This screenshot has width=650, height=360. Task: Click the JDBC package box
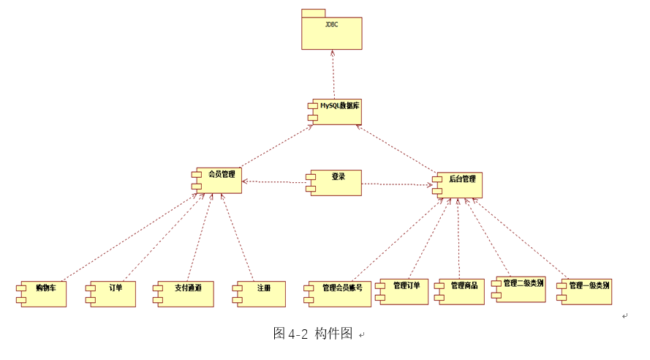pyautogui.click(x=331, y=31)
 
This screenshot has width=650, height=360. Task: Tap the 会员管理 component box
pyautogui.click(x=219, y=180)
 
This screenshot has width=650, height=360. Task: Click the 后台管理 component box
pyautogui.click(x=458, y=184)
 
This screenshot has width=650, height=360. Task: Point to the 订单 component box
pyautogui.click(x=113, y=293)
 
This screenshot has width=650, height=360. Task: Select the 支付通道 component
pyautogui.click(x=185, y=293)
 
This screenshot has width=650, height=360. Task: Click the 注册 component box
pyautogui.click(x=260, y=293)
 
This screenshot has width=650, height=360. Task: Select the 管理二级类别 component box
pyautogui.click(x=520, y=289)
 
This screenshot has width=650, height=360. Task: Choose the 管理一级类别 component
pyautogui.click(x=586, y=291)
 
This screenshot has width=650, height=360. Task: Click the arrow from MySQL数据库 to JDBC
pyautogui.click(x=333, y=73)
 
